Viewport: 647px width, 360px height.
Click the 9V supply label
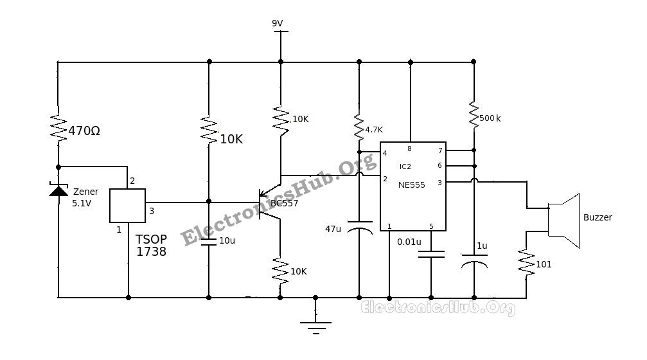[x=277, y=23]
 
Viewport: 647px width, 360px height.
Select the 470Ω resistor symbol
[x=58, y=129]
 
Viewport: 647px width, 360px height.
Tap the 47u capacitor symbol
[x=359, y=230]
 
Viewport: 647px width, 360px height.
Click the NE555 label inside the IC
[x=412, y=184]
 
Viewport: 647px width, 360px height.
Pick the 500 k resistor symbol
[x=474, y=116]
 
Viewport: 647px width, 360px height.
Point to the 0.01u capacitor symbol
[x=430, y=253]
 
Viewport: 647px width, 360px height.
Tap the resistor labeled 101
[x=526, y=264]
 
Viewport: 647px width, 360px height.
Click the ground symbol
[x=315, y=327]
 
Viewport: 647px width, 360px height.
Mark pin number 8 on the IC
[x=409, y=148]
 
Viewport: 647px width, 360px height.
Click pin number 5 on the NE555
[x=431, y=226]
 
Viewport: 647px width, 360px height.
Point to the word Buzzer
[x=598, y=217]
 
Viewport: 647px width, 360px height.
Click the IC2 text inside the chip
[x=405, y=166]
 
